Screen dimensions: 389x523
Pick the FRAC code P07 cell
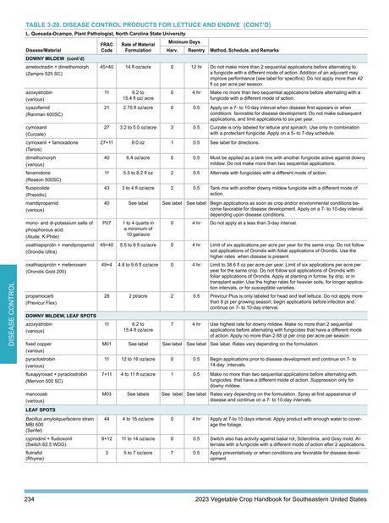click(107, 223)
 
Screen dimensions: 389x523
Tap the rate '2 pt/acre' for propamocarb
click(139, 297)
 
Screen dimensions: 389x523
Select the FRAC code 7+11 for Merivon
click(107, 375)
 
